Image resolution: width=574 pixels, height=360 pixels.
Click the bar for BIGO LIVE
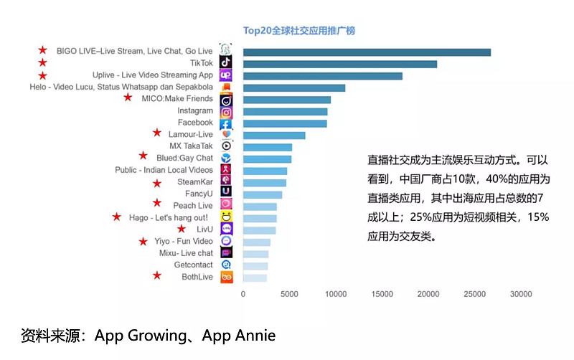click(x=367, y=52)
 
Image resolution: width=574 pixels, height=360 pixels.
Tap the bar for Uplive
click(x=323, y=75)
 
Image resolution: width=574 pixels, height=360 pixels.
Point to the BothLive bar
click(x=255, y=277)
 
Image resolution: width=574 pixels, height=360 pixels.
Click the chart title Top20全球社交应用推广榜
click(x=299, y=31)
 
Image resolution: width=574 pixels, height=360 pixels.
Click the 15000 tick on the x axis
click(x=382, y=294)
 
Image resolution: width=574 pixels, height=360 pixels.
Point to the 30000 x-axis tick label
click(x=520, y=294)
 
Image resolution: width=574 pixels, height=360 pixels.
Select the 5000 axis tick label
click(x=289, y=294)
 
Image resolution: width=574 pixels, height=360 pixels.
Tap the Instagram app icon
click(x=226, y=112)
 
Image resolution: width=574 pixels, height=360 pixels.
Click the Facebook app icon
click(x=226, y=123)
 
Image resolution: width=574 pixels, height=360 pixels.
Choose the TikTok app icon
click(x=226, y=64)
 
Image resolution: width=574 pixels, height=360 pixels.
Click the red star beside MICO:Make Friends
click(x=128, y=98)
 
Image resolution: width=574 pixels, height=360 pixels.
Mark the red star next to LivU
click(x=182, y=229)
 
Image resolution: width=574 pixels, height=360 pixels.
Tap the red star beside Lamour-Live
click(x=157, y=133)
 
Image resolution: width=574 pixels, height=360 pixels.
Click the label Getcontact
click(x=194, y=265)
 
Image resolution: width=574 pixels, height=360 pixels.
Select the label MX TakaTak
click(x=192, y=146)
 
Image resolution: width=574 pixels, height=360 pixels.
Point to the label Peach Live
click(x=193, y=206)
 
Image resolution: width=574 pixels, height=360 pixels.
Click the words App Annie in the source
click(x=239, y=336)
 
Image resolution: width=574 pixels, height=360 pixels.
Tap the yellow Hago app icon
click(x=226, y=217)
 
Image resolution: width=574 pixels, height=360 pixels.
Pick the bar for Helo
click(x=294, y=87)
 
